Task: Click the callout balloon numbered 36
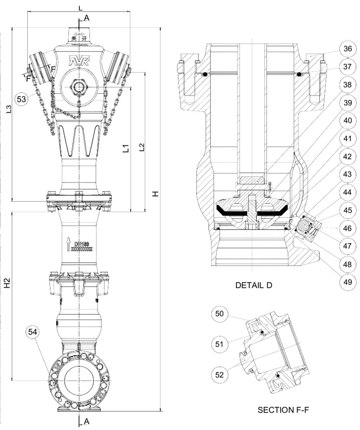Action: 348,49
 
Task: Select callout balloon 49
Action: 348,282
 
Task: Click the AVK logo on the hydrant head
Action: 76,61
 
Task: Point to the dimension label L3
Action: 9,109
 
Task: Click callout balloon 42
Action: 348,157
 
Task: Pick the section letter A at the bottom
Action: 86,421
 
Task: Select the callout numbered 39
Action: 348,103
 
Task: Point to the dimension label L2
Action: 141,146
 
